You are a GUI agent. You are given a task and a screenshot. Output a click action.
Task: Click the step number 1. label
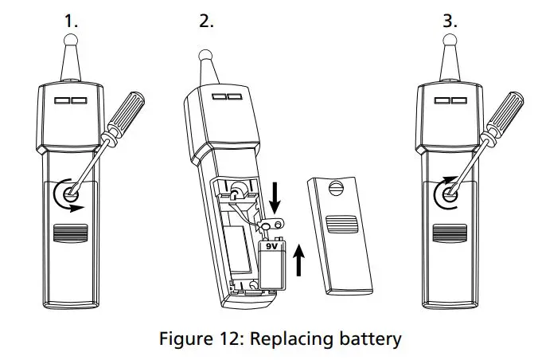coord(72,22)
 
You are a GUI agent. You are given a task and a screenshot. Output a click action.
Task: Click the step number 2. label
coord(206,22)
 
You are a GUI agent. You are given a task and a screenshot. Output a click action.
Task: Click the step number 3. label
coord(450,22)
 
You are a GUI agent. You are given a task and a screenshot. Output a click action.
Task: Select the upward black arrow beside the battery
coord(300,260)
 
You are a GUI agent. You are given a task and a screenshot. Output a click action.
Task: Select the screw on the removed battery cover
coord(335,189)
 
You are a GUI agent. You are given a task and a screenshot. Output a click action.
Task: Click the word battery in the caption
coord(363,338)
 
